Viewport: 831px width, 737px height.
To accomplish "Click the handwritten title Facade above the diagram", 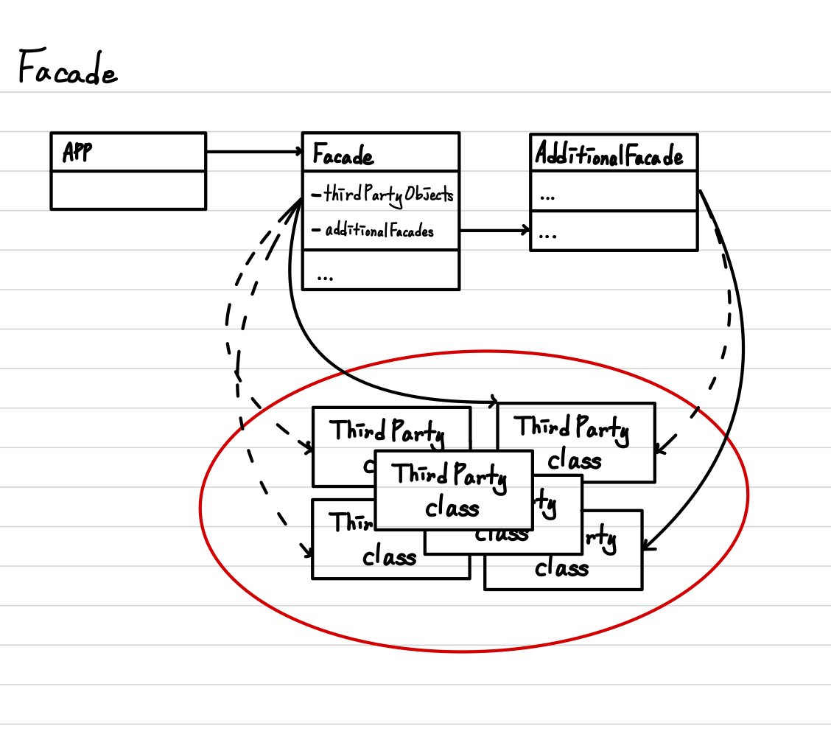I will tap(66, 70).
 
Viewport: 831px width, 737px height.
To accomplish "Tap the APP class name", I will tap(77, 153).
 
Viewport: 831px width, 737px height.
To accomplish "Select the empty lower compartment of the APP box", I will tap(128, 190).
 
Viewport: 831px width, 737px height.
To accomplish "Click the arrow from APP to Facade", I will tap(254, 152).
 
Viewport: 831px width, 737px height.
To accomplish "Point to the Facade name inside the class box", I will tap(343, 156).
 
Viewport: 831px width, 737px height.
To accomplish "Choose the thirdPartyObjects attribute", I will tap(382, 195).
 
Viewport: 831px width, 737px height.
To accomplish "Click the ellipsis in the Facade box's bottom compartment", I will tap(325, 276).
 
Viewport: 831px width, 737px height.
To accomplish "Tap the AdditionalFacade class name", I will tap(609, 155).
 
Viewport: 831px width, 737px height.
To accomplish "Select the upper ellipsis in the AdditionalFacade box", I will tap(547, 198).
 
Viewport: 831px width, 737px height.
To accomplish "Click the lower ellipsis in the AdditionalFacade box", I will tap(547, 236).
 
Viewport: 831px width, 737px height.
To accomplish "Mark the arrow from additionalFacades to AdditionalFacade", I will tap(494, 231).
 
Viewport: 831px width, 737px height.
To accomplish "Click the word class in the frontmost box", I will tap(452, 507).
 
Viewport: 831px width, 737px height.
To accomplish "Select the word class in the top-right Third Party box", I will tap(575, 460).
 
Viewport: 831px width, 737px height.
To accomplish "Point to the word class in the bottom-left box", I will tap(390, 556).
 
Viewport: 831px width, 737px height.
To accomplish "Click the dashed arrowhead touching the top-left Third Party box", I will tap(307, 447).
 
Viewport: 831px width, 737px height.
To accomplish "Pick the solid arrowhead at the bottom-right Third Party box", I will tap(646, 546).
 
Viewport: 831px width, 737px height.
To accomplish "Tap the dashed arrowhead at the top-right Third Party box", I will tap(659, 449).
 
